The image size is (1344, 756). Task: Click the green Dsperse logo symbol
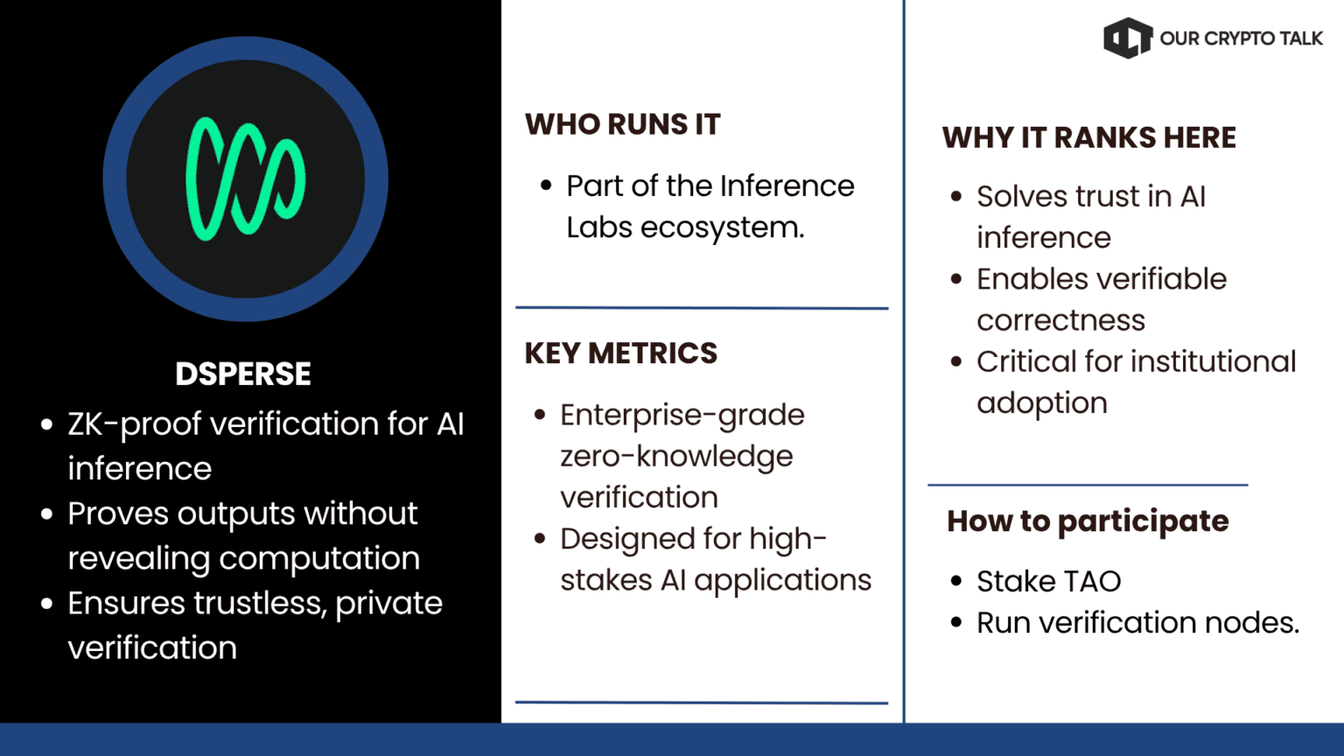coord(245,178)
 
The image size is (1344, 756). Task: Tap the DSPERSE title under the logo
coord(243,374)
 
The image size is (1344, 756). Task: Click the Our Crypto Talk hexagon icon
coord(1128,38)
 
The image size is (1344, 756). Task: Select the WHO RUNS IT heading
coord(622,125)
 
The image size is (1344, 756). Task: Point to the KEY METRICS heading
coord(621,353)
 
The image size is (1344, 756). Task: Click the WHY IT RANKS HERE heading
coord(1089,137)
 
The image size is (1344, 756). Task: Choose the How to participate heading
coord(1088,521)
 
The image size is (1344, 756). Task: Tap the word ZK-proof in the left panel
coord(135,424)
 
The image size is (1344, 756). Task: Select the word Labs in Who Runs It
coord(599,227)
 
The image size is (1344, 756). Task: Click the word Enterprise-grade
coord(682,416)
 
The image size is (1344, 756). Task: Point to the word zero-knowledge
coord(676,457)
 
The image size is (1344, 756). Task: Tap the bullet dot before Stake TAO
coord(956,581)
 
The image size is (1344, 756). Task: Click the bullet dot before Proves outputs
coord(46,514)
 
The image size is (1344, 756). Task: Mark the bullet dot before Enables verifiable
coord(956,278)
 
